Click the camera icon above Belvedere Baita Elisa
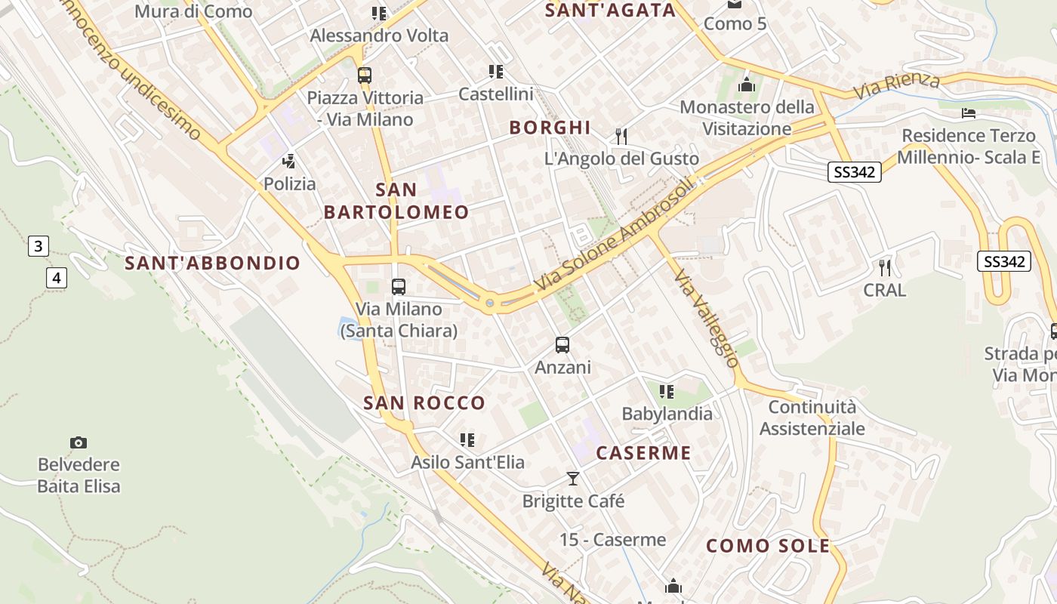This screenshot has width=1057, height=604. [79, 442]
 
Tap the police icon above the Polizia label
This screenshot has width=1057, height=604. [288, 161]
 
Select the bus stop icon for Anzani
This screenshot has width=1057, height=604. [562, 345]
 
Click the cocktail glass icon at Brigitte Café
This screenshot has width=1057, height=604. [573, 479]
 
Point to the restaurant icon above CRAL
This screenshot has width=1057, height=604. [885, 267]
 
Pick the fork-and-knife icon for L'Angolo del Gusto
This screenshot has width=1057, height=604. [621, 136]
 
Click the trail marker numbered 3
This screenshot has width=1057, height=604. [39, 245]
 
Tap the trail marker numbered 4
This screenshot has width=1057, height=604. [57, 277]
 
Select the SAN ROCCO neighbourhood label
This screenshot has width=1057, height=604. [424, 403]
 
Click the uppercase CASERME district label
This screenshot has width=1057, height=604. [643, 453]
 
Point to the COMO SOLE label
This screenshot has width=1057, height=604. [768, 546]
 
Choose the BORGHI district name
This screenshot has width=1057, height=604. [550, 128]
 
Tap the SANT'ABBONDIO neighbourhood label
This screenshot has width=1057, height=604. [212, 263]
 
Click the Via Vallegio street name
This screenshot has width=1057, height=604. [707, 318]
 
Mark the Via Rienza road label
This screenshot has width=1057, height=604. [898, 85]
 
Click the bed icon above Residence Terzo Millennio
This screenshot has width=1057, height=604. [969, 113]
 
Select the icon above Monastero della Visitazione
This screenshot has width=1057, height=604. [747, 85]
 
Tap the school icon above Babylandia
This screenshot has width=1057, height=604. [666, 391]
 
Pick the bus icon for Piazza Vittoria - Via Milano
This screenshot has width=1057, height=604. [365, 75]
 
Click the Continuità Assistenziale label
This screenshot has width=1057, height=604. [812, 418]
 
